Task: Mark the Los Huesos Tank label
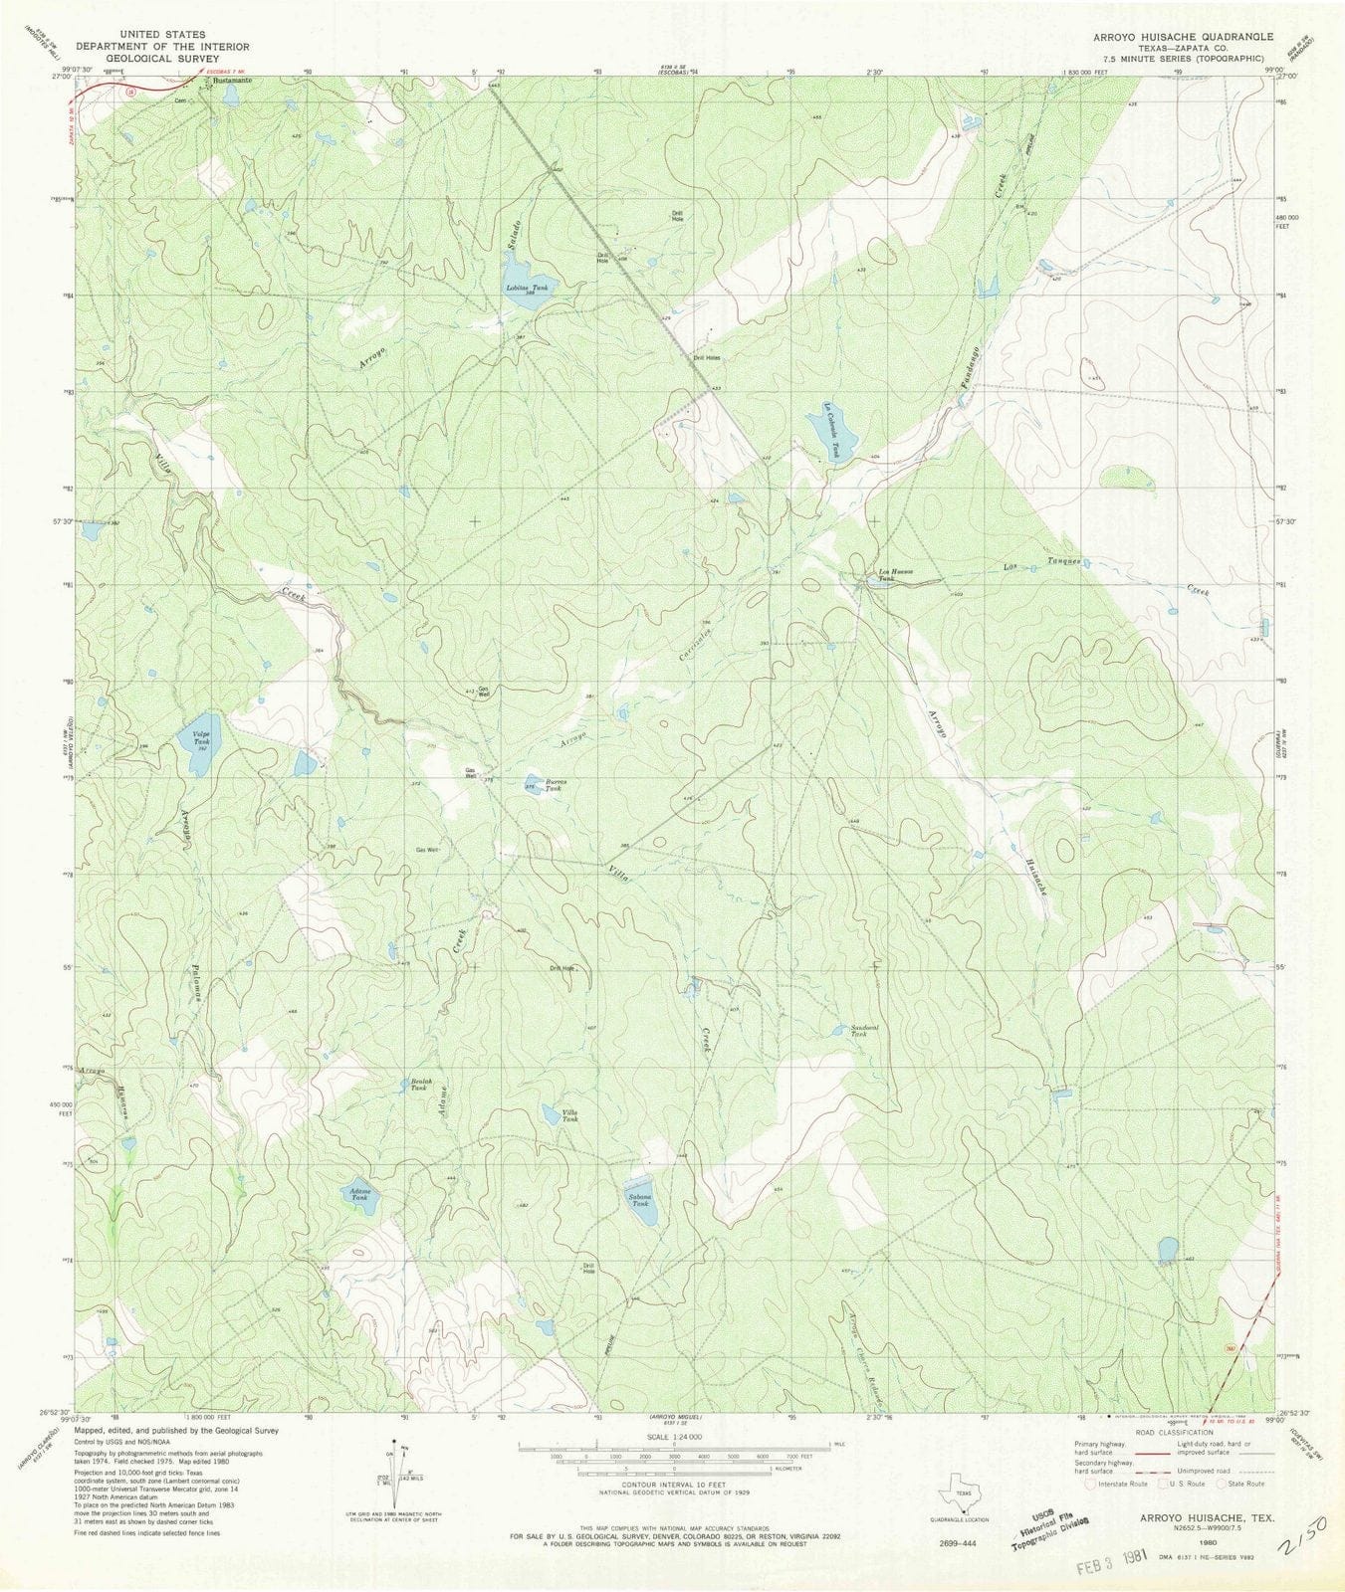click(895, 574)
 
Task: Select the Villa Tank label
click(568, 1115)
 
